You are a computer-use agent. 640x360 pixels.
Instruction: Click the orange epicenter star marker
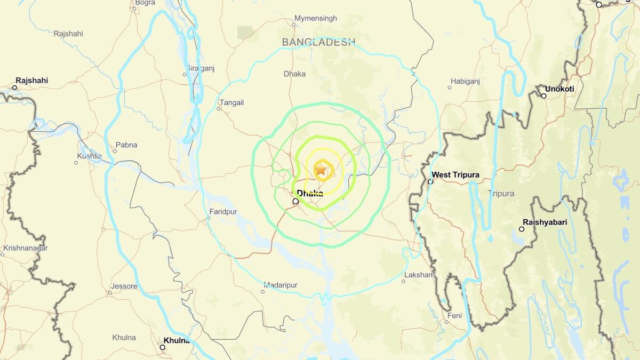(x=321, y=170)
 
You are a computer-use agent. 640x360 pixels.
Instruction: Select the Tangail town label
(x=231, y=102)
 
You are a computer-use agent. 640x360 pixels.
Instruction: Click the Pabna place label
(x=126, y=145)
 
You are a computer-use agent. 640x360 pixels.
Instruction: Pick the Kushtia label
(x=89, y=156)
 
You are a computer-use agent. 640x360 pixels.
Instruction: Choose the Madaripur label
(x=281, y=286)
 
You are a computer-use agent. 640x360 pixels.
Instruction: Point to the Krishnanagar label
(x=25, y=248)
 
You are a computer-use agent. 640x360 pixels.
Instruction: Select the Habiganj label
(x=465, y=81)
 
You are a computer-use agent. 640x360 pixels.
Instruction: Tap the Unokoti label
(x=560, y=89)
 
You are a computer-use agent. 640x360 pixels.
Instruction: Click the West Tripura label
(x=455, y=175)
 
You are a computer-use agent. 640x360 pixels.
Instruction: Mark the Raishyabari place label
(x=545, y=222)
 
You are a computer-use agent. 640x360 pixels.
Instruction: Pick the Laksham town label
(x=420, y=275)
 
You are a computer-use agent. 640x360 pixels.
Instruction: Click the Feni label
(x=454, y=315)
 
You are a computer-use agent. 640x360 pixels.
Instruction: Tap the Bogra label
(x=145, y=3)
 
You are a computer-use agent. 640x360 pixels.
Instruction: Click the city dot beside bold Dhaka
(x=295, y=202)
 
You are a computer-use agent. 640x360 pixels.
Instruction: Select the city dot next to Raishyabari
(x=522, y=229)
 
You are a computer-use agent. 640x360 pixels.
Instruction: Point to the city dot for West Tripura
(x=430, y=182)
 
